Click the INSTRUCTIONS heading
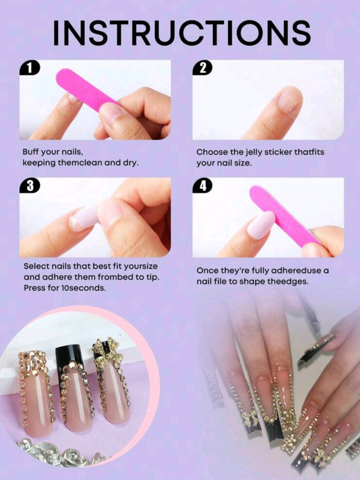(x=182, y=33)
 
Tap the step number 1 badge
(x=30, y=67)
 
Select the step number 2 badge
(x=203, y=67)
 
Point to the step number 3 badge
(x=30, y=185)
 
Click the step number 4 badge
(x=203, y=185)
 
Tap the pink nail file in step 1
(x=84, y=89)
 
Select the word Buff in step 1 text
(x=31, y=152)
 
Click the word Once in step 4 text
(x=207, y=271)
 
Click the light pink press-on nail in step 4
(x=261, y=225)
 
